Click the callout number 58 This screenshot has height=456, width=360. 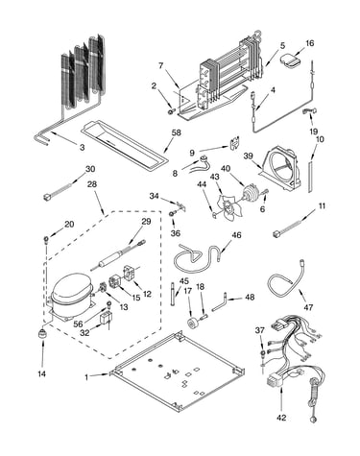(x=176, y=132)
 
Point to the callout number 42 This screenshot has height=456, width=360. (x=281, y=418)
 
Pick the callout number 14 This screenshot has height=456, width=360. (x=42, y=373)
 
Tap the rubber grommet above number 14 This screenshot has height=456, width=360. (x=41, y=334)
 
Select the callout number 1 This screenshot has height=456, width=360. (x=86, y=377)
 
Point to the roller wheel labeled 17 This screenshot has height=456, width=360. (x=193, y=323)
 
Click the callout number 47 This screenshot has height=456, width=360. (x=308, y=307)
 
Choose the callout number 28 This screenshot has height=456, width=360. (x=92, y=184)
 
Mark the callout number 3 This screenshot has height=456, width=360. (x=83, y=147)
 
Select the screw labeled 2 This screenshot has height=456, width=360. (x=171, y=111)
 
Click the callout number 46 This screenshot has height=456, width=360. (x=236, y=235)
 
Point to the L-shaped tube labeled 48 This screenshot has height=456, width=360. (x=220, y=302)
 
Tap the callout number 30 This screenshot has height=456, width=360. (x=90, y=169)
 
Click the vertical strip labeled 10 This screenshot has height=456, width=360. (x=310, y=177)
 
